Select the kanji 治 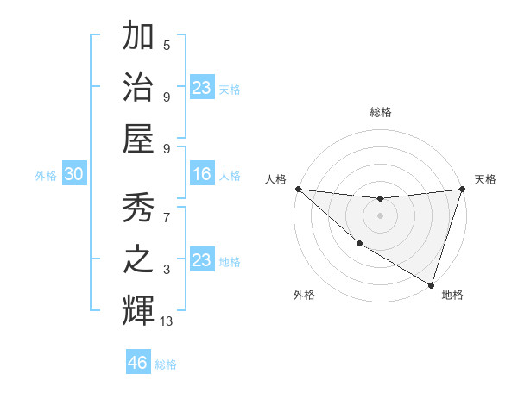[138, 86]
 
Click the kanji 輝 [138, 309]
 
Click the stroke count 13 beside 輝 [167, 321]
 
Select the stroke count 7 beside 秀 [167, 218]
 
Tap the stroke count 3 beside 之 [167, 270]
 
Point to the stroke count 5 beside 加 [167, 45]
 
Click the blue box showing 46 [138, 362]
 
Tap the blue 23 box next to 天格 [201, 88]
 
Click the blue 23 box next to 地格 [201, 260]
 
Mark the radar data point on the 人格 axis [298, 189]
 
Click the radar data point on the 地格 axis [431, 284]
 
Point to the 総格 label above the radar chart [380, 112]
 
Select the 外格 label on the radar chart [304, 295]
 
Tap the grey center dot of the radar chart [380, 215]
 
